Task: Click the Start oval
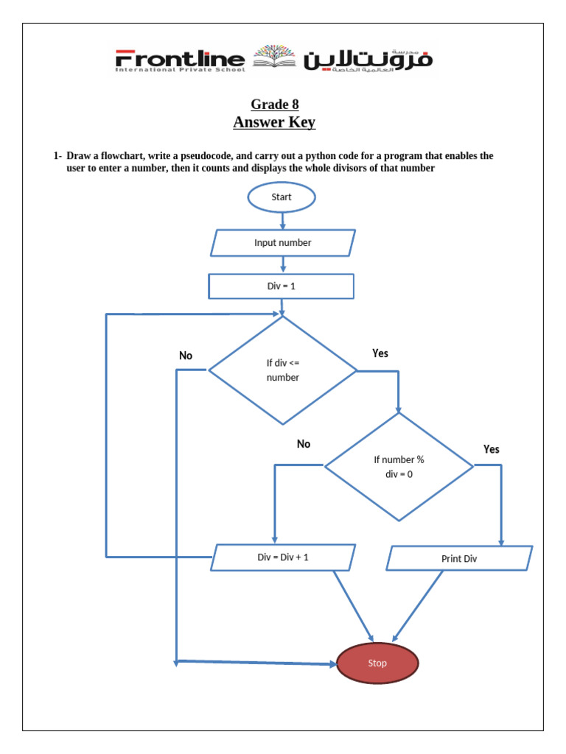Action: (282, 197)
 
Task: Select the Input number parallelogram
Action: (282, 242)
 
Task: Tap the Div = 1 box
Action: (282, 286)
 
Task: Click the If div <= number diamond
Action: (282, 370)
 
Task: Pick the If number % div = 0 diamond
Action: (399, 466)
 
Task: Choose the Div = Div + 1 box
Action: (283, 557)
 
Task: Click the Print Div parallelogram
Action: (459, 558)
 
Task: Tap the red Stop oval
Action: (377, 663)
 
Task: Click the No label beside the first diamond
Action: (186, 356)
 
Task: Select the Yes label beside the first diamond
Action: (380, 353)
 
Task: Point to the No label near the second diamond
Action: (304, 444)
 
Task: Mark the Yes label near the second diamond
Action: (491, 449)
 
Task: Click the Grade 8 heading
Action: (274, 104)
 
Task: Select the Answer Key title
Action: (274, 122)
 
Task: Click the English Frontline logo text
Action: (180, 60)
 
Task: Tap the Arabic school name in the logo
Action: (368, 60)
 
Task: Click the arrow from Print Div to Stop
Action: (419, 604)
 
